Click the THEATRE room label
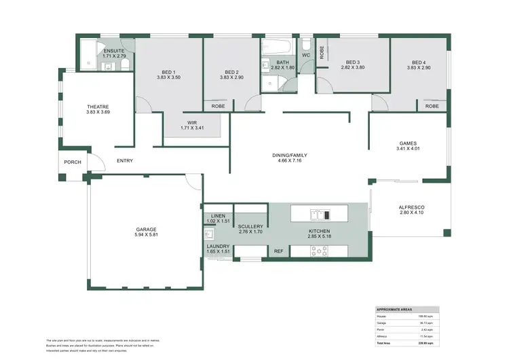[x=98, y=107]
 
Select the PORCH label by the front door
[x=73, y=162]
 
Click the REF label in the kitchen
[x=278, y=251]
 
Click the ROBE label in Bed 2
[x=218, y=106]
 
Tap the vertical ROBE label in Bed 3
[x=322, y=52]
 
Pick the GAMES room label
[x=407, y=143]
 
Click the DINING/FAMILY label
[x=290, y=155]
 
